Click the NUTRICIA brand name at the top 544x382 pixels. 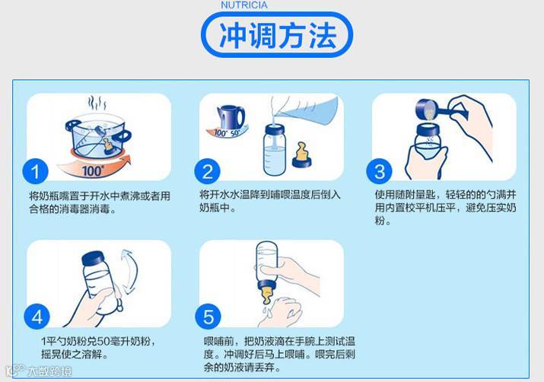pos(244,5)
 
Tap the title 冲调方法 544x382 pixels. pos(278,36)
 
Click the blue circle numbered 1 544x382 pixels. pos(36,171)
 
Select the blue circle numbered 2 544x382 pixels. pos(208,171)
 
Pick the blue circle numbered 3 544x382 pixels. pos(380,171)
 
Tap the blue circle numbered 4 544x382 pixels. pos(37,317)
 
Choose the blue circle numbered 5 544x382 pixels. pos(208,317)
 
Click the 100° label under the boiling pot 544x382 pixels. pos(92,170)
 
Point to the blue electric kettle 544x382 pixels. pos(230,117)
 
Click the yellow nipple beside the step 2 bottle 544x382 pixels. pos(301,154)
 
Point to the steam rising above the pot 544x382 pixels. pos(97,103)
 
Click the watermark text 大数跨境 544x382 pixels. pos(49,371)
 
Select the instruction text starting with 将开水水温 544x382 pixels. pos(270,201)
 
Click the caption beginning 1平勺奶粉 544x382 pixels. pos(98,348)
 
